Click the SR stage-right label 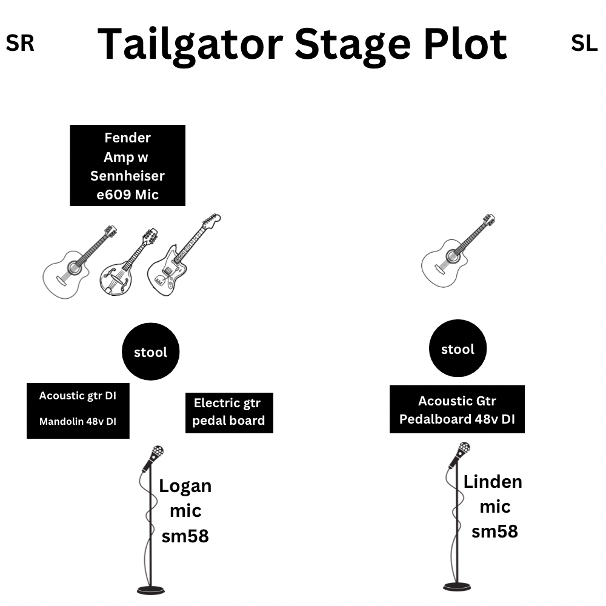[x=20, y=44]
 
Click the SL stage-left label [x=584, y=44]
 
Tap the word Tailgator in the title [x=190, y=44]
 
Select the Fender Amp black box [x=127, y=165]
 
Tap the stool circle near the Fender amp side [x=150, y=352]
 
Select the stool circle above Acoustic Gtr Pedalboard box [x=458, y=349]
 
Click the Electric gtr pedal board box [x=229, y=412]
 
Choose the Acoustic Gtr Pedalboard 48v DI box [x=457, y=409]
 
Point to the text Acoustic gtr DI [x=78, y=396]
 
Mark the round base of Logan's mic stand [x=151, y=589]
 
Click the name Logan [x=185, y=486]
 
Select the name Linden [x=493, y=482]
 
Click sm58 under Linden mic [x=494, y=531]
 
